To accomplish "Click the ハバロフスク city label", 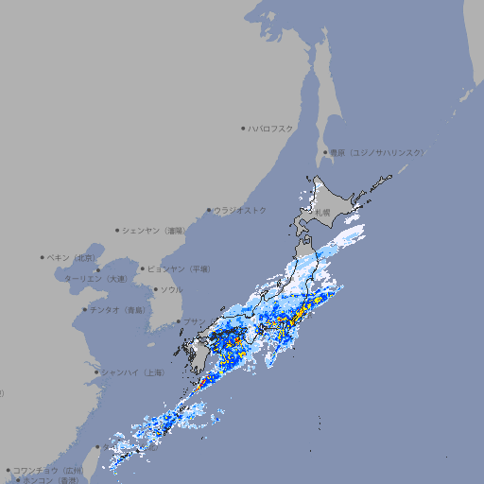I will (x=271, y=128).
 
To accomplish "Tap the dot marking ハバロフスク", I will (x=244, y=128).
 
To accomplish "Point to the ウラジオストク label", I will (x=240, y=210).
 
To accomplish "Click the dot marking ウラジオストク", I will (x=210, y=211).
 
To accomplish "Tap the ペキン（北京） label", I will (x=72, y=257).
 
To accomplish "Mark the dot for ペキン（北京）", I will (x=43, y=257).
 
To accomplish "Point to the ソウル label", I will (x=171, y=289).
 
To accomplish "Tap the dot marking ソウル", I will (x=154, y=289).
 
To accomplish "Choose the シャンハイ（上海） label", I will (x=132, y=372).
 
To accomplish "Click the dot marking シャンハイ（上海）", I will (x=96, y=372).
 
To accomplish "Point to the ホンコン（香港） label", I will (x=52, y=480).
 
